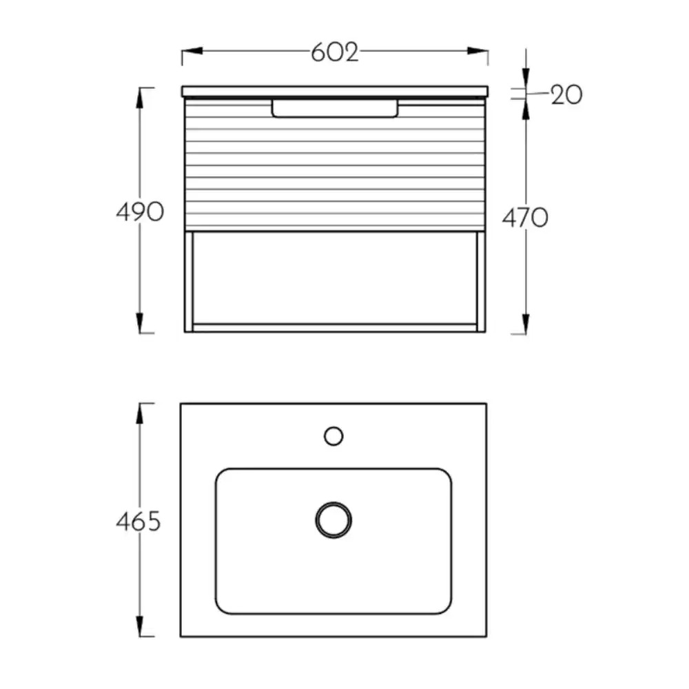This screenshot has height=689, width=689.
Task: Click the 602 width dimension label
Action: click(334, 52)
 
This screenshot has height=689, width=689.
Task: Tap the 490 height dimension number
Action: click(140, 212)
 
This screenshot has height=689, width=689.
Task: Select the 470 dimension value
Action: click(525, 218)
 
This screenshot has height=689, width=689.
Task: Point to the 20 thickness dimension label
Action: click(566, 94)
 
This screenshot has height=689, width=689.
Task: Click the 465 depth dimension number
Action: click(138, 522)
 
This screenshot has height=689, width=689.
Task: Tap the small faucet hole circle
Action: click(333, 436)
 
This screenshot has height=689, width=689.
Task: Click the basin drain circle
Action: click(333, 520)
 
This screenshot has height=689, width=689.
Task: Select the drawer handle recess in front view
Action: click(335, 109)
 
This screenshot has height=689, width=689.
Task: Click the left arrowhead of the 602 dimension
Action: click(192, 51)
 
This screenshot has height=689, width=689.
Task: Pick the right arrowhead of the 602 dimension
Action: click(477, 51)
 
